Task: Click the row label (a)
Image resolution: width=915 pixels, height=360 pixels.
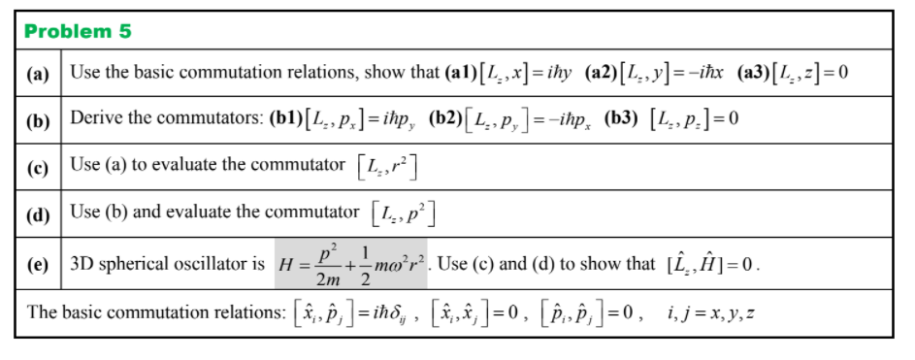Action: [x=39, y=75]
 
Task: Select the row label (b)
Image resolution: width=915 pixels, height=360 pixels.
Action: [x=39, y=119]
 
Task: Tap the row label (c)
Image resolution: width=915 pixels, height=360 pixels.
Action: [x=39, y=166]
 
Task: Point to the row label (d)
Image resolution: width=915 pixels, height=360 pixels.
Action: [x=39, y=213]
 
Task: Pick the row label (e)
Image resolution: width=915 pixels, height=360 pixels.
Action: [x=39, y=264]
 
